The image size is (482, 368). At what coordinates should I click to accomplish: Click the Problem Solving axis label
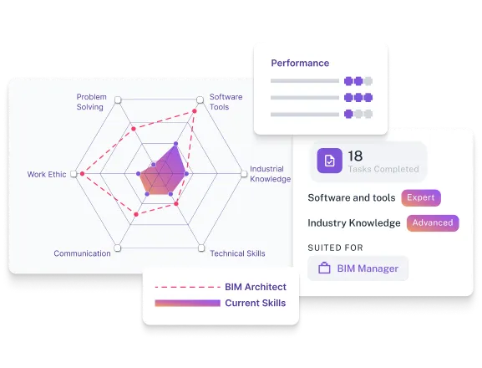click(x=91, y=101)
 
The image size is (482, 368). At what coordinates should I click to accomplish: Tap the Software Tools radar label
click(x=226, y=101)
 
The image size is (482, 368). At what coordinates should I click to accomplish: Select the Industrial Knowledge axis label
click(x=270, y=174)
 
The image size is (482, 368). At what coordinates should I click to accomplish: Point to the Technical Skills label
click(x=237, y=253)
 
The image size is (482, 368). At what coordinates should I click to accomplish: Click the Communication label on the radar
click(x=82, y=253)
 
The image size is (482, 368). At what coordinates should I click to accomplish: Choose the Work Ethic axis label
click(x=47, y=175)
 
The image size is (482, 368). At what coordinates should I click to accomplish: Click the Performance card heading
click(x=300, y=63)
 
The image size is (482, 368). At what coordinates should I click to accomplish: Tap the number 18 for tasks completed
click(x=355, y=156)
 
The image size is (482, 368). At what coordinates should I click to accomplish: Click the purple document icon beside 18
click(x=329, y=161)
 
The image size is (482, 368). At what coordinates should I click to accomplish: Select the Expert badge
click(x=420, y=198)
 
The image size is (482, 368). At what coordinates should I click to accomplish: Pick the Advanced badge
click(x=433, y=222)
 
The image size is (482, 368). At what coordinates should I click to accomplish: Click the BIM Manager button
click(x=358, y=268)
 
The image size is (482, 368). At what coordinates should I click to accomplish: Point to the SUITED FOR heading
click(x=335, y=248)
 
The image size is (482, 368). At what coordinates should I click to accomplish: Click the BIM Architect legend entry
click(x=255, y=287)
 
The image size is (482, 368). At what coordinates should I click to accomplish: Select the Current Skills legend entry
click(x=255, y=303)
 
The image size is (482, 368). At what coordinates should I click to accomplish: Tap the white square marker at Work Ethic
click(x=75, y=174)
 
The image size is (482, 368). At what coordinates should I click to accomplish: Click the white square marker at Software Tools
click(x=200, y=100)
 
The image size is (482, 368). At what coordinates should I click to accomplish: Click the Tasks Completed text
click(x=383, y=169)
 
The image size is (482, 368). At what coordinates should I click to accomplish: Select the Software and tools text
click(x=352, y=198)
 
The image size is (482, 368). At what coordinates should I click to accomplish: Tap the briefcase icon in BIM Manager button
click(x=325, y=268)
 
